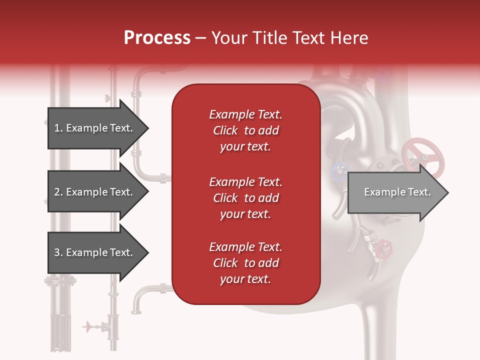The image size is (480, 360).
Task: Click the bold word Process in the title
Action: tap(157, 38)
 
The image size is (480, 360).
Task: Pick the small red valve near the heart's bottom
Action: tap(384, 246)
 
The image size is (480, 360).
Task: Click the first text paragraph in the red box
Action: tap(245, 130)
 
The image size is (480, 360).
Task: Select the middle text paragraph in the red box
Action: tap(245, 198)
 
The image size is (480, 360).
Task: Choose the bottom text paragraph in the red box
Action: tap(245, 263)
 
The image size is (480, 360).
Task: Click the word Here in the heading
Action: tap(350, 38)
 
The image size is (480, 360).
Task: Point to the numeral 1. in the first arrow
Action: tap(58, 128)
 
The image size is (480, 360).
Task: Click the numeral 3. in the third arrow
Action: tap(58, 252)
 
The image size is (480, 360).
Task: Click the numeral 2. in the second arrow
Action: tap(58, 192)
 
